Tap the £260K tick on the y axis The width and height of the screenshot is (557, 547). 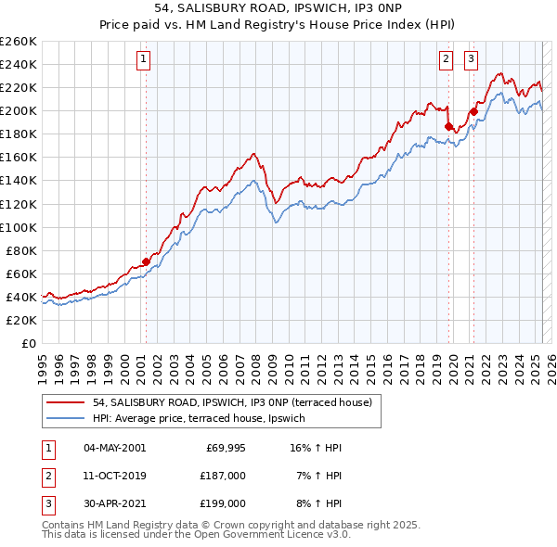(x=19, y=42)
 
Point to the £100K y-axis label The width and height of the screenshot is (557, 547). (x=19, y=227)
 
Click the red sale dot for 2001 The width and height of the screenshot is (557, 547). (x=146, y=261)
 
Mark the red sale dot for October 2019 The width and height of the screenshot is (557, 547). (x=448, y=126)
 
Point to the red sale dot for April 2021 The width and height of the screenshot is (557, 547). (x=473, y=112)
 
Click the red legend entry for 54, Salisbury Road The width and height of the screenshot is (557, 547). (x=232, y=402)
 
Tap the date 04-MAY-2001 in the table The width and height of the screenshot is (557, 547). (x=114, y=448)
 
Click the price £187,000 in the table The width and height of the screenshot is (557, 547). (x=223, y=476)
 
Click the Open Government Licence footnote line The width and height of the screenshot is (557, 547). (x=196, y=535)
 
